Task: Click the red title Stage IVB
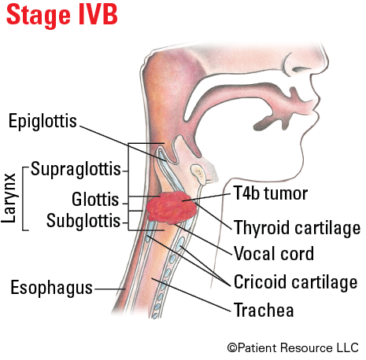62,15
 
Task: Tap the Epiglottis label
43,121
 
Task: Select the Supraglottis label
76,169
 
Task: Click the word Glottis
95,199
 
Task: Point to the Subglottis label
83,220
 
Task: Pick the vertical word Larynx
9,198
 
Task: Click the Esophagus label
51,288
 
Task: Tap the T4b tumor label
271,193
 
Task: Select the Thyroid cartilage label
297,227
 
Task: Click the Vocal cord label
274,253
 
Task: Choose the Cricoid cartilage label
295,282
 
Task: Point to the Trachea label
264,310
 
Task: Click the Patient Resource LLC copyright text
293,348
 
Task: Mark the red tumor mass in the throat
172,208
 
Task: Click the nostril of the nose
301,69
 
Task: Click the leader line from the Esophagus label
110,289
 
